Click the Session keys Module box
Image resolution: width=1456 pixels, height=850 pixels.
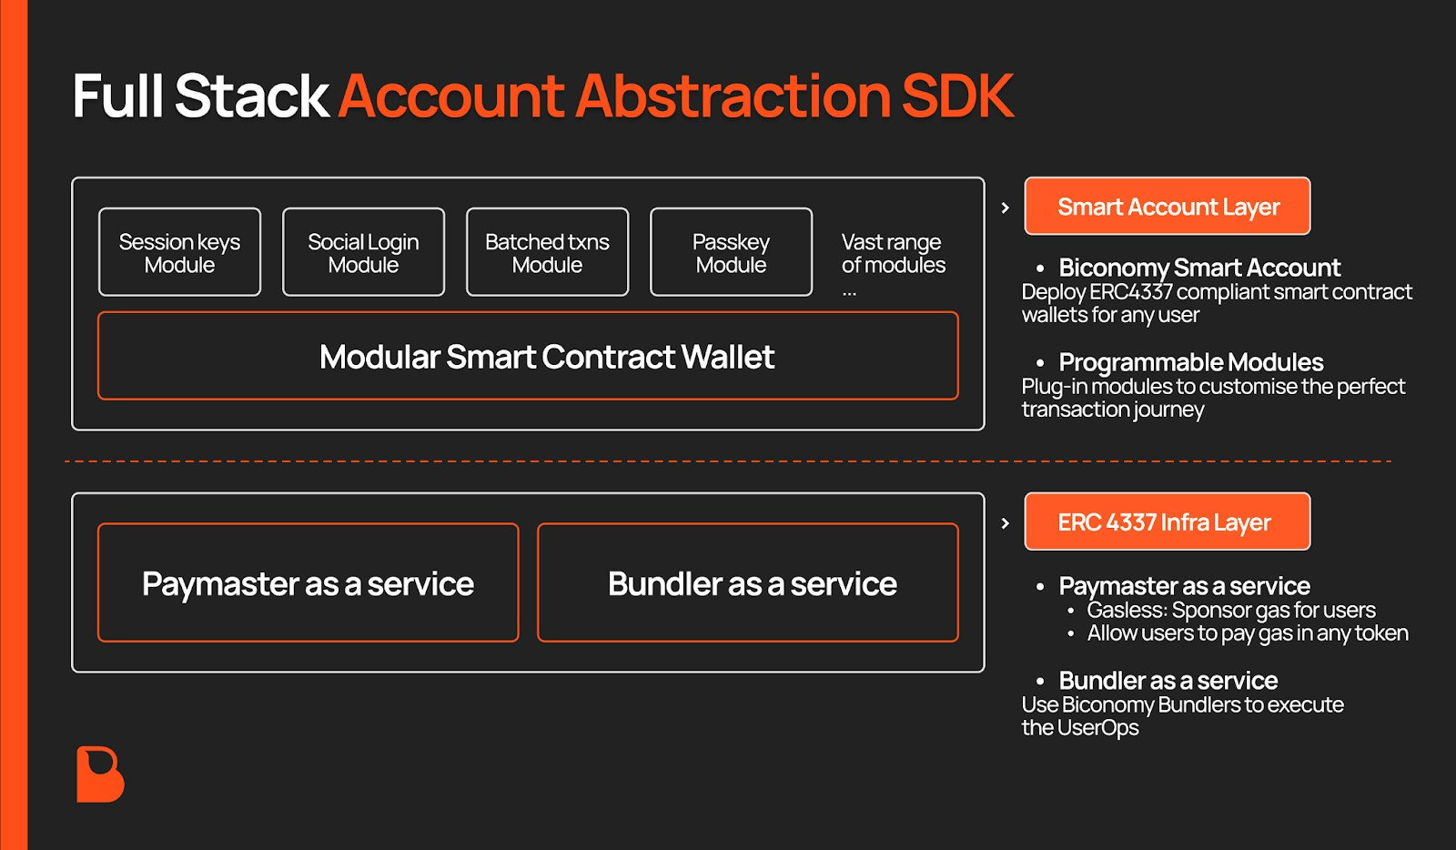(x=179, y=252)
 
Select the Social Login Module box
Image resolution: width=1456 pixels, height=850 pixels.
(x=363, y=252)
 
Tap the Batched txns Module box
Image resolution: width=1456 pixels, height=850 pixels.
(x=547, y=252)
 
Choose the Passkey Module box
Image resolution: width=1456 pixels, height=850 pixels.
(x=731, y=252)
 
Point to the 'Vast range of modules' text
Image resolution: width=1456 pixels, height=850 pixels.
(x=893, y=254)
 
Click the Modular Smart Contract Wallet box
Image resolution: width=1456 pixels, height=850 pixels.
(x=528, y=356)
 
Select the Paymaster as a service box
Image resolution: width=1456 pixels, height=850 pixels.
(x=308, y=582)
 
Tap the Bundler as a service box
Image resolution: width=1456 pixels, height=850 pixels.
(x=747, y=582)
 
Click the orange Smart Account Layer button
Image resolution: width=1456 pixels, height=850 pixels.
(x=1168, y=207)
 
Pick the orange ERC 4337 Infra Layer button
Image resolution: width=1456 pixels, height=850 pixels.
(x=1168, y=521)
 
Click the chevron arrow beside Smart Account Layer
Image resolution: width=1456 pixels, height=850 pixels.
(x=1005, y=207)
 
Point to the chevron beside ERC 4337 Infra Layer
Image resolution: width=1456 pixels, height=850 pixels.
(x=1005, y=523)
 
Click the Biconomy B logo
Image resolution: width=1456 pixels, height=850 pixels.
(x=99, y=774)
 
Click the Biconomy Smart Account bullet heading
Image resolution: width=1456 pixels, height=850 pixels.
(x=1198, y=268)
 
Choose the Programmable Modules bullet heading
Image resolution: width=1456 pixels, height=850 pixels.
(x=1190, y=362)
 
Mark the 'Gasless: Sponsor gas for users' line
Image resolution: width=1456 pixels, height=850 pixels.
(x=1230, y=610)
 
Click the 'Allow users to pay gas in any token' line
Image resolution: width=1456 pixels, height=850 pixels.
(x=1247, y=633)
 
